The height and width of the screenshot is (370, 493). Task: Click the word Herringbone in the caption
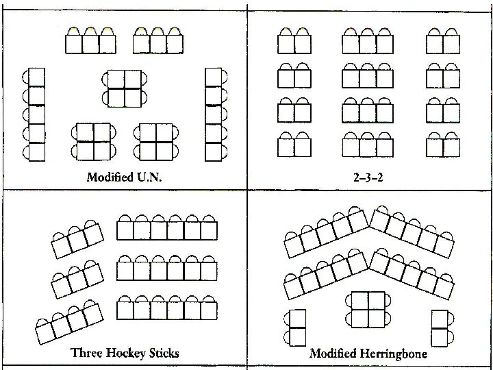pyautogui.click(x=394, y=354)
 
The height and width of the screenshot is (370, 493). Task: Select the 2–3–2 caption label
pyautogui.click(x=368, y=177)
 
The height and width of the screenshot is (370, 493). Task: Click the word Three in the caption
pyautogui.click(x=87, y=353)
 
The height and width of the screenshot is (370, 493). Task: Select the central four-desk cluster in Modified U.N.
pyautogui.click(x=124, y=88)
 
